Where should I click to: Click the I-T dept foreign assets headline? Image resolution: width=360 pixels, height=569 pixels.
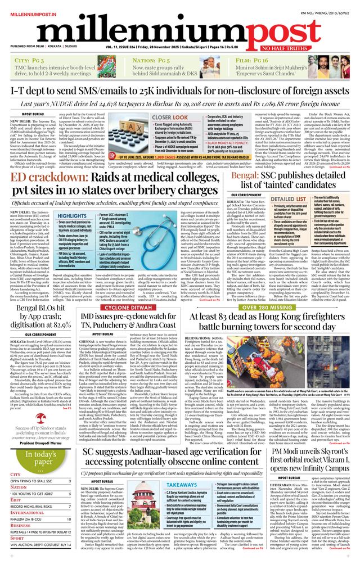180,90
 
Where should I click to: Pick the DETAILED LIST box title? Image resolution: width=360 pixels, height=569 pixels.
286,199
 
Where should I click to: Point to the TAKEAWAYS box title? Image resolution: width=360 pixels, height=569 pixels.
182,484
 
